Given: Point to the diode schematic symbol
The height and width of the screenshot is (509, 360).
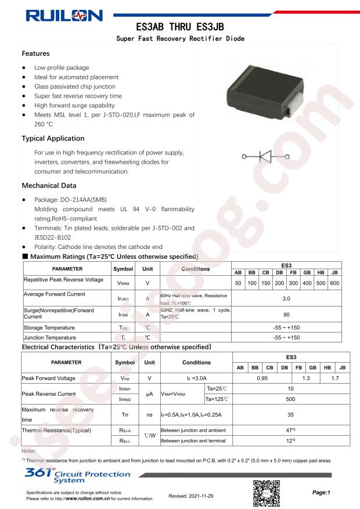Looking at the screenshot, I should point(265,156).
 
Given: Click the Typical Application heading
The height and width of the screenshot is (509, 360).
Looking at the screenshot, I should point(53,139).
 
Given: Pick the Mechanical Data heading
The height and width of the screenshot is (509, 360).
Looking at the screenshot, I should point(49,186).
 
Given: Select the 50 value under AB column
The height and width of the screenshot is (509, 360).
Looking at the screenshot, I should point(238,283).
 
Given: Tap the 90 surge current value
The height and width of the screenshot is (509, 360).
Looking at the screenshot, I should point(286,313).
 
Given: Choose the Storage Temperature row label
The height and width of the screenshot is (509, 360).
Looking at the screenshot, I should point(49,328).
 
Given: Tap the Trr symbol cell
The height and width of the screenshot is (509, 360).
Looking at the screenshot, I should point(124,416).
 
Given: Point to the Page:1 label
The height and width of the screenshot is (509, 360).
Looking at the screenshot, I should point(321,492).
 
